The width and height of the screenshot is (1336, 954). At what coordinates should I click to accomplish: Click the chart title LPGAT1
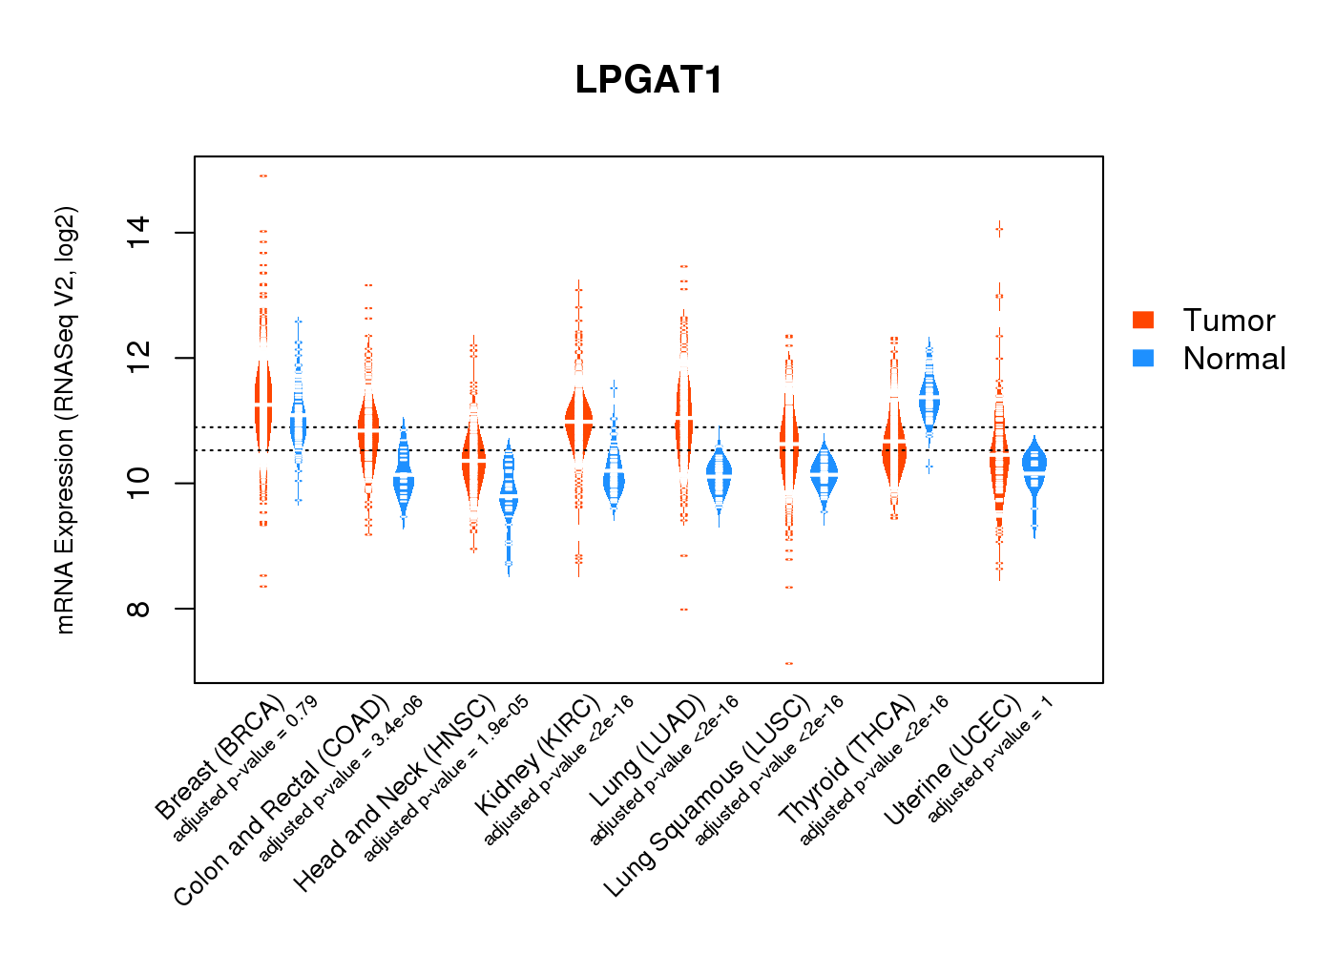click(x=649, y=80)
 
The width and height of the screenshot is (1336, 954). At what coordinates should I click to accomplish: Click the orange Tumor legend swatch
click(x=1143, y=321)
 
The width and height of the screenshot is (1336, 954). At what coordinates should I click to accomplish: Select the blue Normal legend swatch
click(x=1143, y=359)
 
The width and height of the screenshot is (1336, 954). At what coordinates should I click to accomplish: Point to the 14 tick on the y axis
click(x=139, y=233)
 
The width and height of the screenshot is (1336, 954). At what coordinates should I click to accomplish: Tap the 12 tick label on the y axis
click(x=139, y=358)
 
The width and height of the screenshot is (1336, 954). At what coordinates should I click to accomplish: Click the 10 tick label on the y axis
click(x=139, y=484)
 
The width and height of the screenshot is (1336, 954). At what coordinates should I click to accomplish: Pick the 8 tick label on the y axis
click(x=139, y=609)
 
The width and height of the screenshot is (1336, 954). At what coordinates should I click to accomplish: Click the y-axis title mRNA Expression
click(x=65, y=420)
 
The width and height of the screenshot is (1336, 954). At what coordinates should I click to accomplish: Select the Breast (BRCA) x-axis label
click(x=219, y=758)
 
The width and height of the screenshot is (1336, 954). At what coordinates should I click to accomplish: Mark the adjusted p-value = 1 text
click(x=991, y=758)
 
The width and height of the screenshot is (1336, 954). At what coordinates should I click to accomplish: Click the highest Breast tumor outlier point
click(x=262, y=176)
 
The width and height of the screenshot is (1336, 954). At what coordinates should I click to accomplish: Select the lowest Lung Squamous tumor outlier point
click(x=788, y=663)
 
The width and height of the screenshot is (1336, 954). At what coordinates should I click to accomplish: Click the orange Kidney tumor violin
click(x=578, y=420)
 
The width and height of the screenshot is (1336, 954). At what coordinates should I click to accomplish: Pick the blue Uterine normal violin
click(x=1033, y=467)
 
